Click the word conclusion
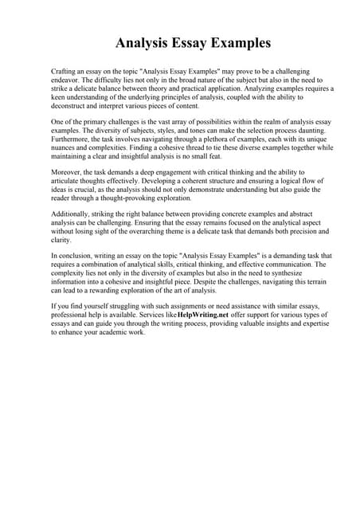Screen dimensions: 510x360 point(76,256)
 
